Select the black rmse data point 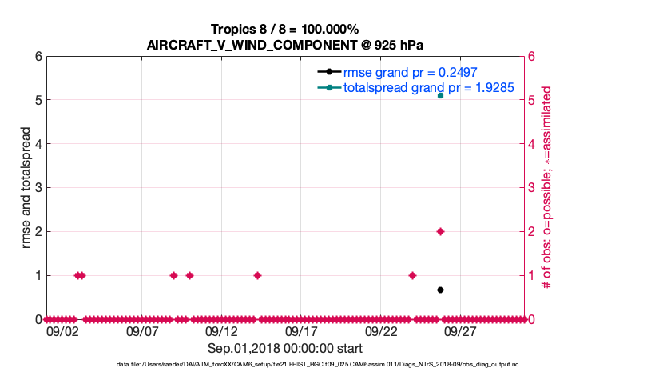440,290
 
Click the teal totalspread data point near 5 440,95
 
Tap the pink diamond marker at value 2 440,231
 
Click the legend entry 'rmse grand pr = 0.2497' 410,72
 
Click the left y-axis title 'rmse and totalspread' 26,187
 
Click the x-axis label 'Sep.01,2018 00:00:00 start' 285,349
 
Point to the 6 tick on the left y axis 38,57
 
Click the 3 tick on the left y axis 38,188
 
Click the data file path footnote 285,365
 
